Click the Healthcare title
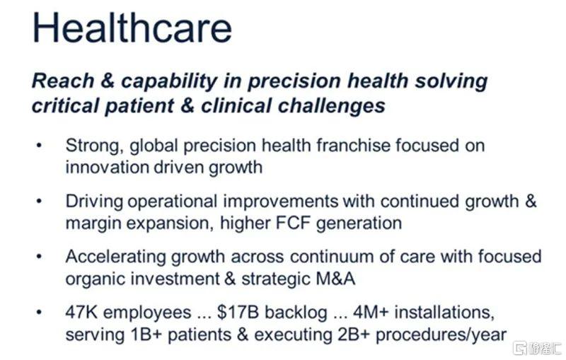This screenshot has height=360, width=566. tap(132, 28)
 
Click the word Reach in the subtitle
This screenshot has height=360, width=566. tap(63, 81)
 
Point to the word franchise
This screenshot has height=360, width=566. tap(353, 146)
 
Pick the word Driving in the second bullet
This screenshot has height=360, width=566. tap(95, 202)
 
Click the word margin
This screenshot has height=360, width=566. tap(93, 224)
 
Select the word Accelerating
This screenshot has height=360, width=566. tap(115, 257)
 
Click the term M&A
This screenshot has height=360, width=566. tap(335, 279)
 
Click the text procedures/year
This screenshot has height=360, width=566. tap(441, 335)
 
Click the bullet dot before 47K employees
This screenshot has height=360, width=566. tap(39, 313)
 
